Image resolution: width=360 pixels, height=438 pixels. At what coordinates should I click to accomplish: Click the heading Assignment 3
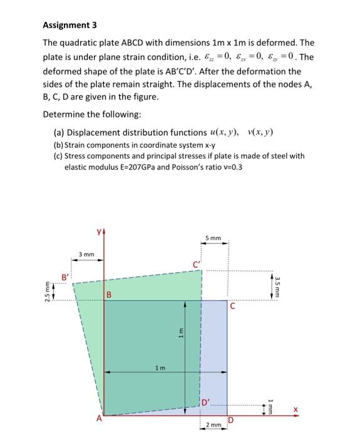click(70, 26)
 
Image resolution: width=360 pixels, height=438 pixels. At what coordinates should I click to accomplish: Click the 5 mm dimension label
click(213, 238)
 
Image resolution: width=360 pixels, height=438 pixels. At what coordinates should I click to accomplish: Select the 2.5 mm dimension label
click(46, 292)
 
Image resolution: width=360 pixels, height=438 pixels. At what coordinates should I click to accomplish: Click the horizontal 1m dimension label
click(160, 368)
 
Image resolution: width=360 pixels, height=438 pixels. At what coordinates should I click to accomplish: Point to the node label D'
click(205, 401)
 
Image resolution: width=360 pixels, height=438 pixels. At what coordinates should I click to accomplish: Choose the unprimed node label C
click(232, 307)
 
